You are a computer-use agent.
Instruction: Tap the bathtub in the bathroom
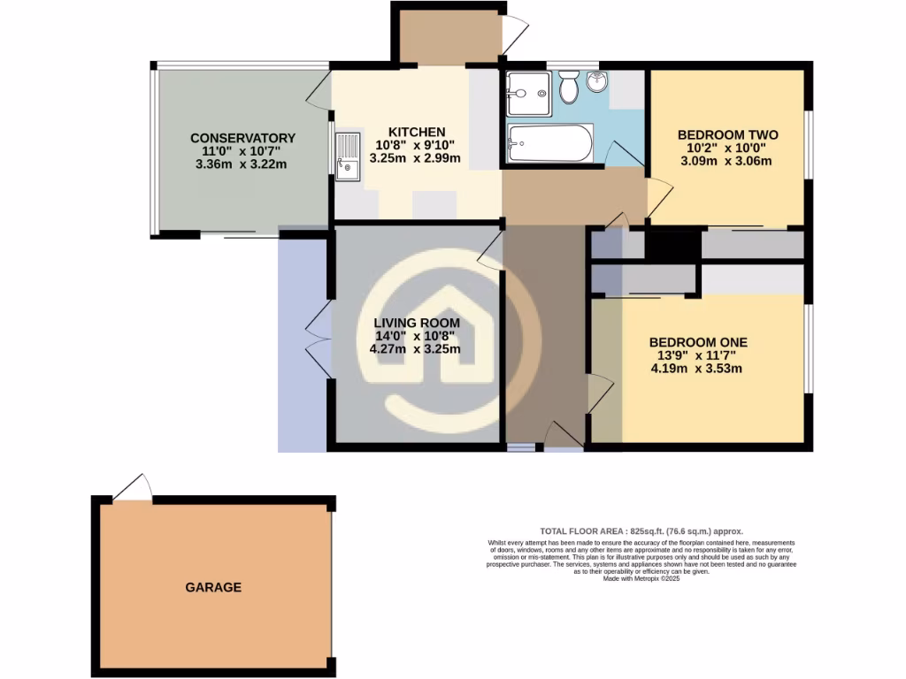[x=549, y=143]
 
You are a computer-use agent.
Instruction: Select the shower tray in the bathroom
[x=529, y=94]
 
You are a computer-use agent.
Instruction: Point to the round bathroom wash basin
[x=597, y=85]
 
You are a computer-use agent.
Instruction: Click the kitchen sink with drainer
[x=348, y=156]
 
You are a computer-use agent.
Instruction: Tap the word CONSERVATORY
[x=242, y=138]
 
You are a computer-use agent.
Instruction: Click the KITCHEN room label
[x=410, y=132]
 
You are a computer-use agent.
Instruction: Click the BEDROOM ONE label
[x=698, y=342]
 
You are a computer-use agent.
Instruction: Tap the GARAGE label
[x=213, y=587]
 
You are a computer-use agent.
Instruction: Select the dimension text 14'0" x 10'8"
[x=415, y=335]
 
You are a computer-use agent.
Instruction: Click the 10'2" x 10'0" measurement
[x=725, y=148]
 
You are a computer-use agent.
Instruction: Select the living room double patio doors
[x=319, y=340]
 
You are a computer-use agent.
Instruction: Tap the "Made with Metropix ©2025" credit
[x=641, y=578]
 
